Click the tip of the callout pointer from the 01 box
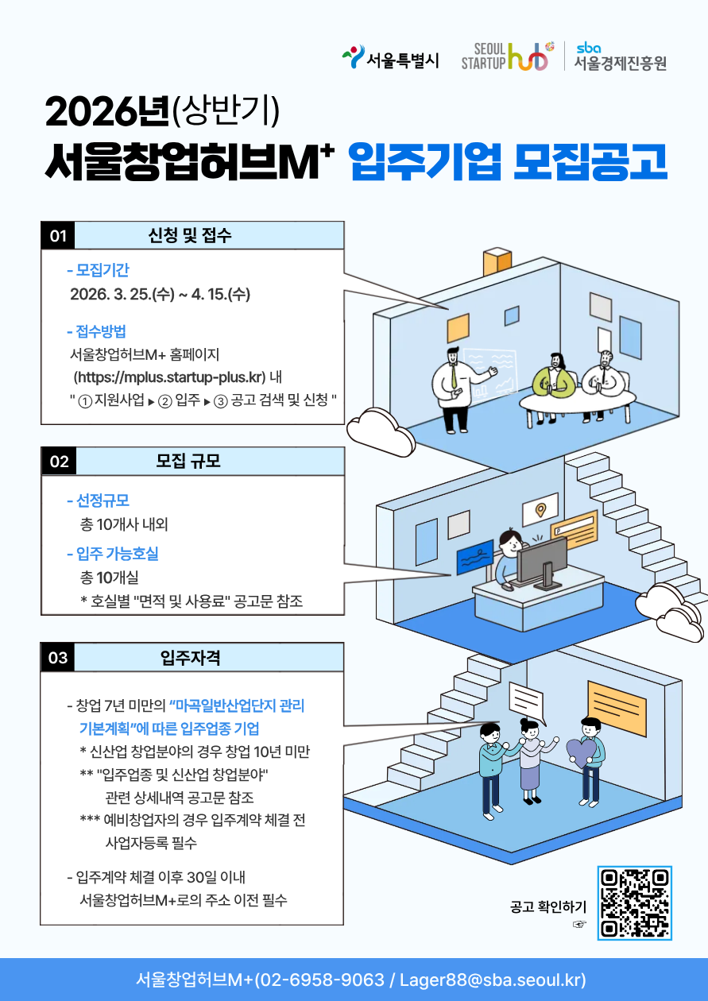(448, 309)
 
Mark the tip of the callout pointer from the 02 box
(451, 574)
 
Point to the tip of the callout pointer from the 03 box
(499, 722)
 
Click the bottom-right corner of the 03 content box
(343, 925)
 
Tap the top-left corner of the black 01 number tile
(41, 222)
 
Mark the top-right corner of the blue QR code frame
(671, 867)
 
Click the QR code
(635, 903)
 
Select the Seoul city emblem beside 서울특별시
(354, 56)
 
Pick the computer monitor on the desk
(541, 561)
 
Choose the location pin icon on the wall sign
(540, 509)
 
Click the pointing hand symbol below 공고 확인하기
(579, 924)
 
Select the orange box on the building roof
(497, 262)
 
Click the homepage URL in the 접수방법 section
(169, 377)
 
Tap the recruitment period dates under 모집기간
(160, 294)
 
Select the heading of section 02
(188, 461)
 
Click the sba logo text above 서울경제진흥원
(588, 48)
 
